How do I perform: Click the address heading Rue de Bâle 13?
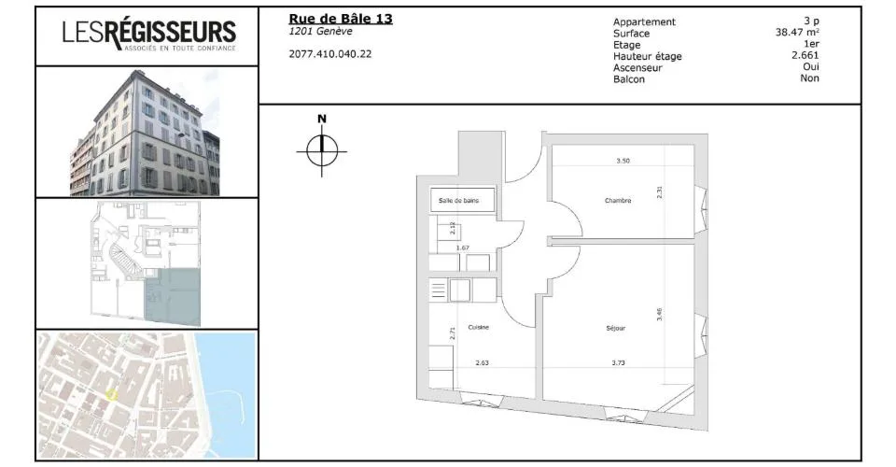click(x=341, y=19)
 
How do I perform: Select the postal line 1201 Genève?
click(x=320, y=32)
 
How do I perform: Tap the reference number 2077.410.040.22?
click(x=330, y=54)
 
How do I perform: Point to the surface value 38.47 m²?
click(x=797, y=33)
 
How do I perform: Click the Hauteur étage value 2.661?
click(x=805, y=55)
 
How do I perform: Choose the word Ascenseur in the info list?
click(x=637, y=67)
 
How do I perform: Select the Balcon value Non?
click(x=810, y=78)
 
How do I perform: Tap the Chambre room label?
click(x=618, y=201)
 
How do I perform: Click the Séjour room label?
click(x=615, y=328)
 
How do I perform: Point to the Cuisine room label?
click(x=478, y=328)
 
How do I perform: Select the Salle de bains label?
click(x=459, y=201)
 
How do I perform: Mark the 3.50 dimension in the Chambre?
click(x=623, y=162)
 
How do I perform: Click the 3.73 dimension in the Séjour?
click(x=618, y=363)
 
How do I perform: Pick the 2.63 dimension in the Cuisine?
click(x=483, y=363)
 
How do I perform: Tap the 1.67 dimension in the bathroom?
click(x=462, y=248)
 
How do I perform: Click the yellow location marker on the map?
click(x=111, y=394)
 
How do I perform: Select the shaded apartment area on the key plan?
click(x=173, y=297)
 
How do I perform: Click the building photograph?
click(x=146, y=133)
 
